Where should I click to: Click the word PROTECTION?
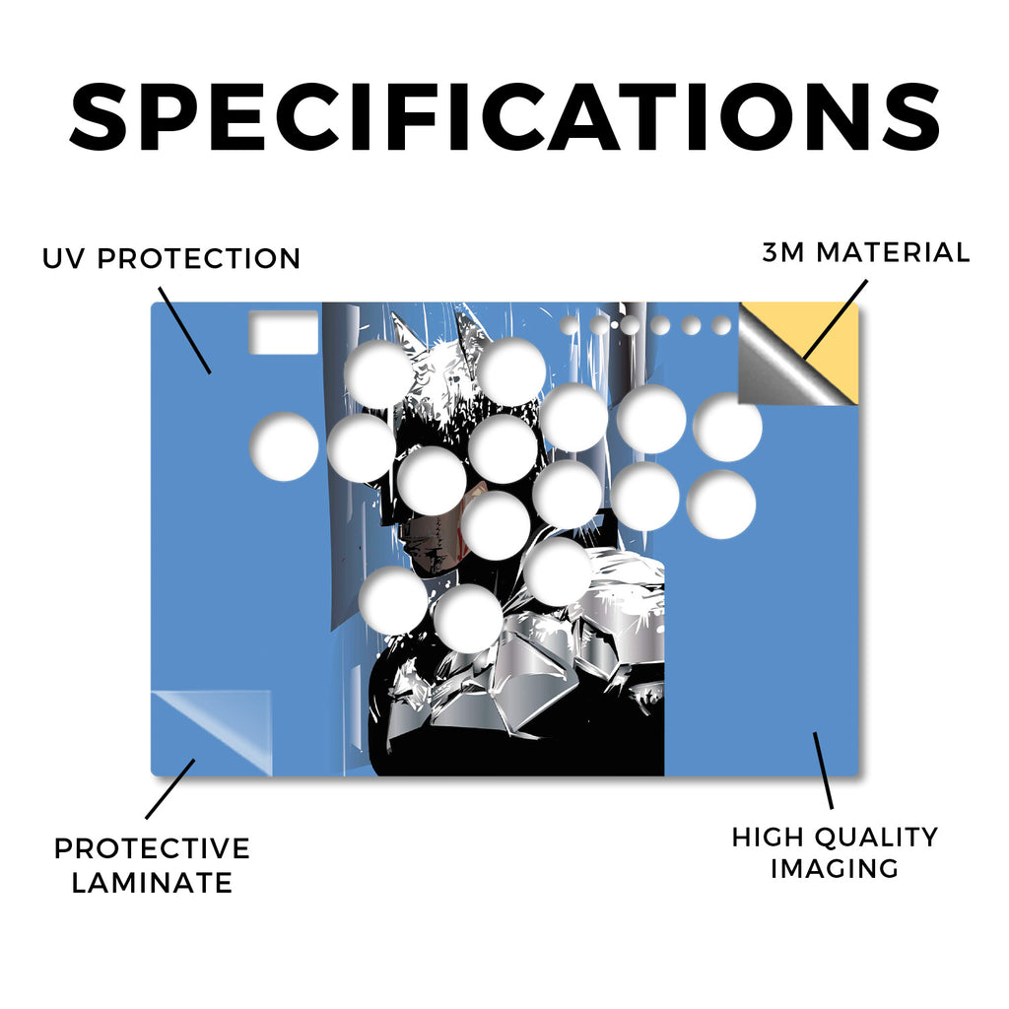(x=199, y=259)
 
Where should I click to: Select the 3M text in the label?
(x=783, y=252)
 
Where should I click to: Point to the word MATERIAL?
(x=893, y=252)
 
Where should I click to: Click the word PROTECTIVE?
(x=152, y=848)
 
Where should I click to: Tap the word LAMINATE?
(x=152, y=882)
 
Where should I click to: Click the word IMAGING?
(x=835, y=869)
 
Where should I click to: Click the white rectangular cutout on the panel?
(x=284, y=332)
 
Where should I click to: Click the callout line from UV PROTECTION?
(x=184, y=330)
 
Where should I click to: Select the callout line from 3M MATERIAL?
(x=836, y=320)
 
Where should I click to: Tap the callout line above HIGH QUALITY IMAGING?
(x=823, y=771)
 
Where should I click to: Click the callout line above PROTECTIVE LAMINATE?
(x=169, y=789)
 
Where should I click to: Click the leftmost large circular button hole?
(x=284, y=446)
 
